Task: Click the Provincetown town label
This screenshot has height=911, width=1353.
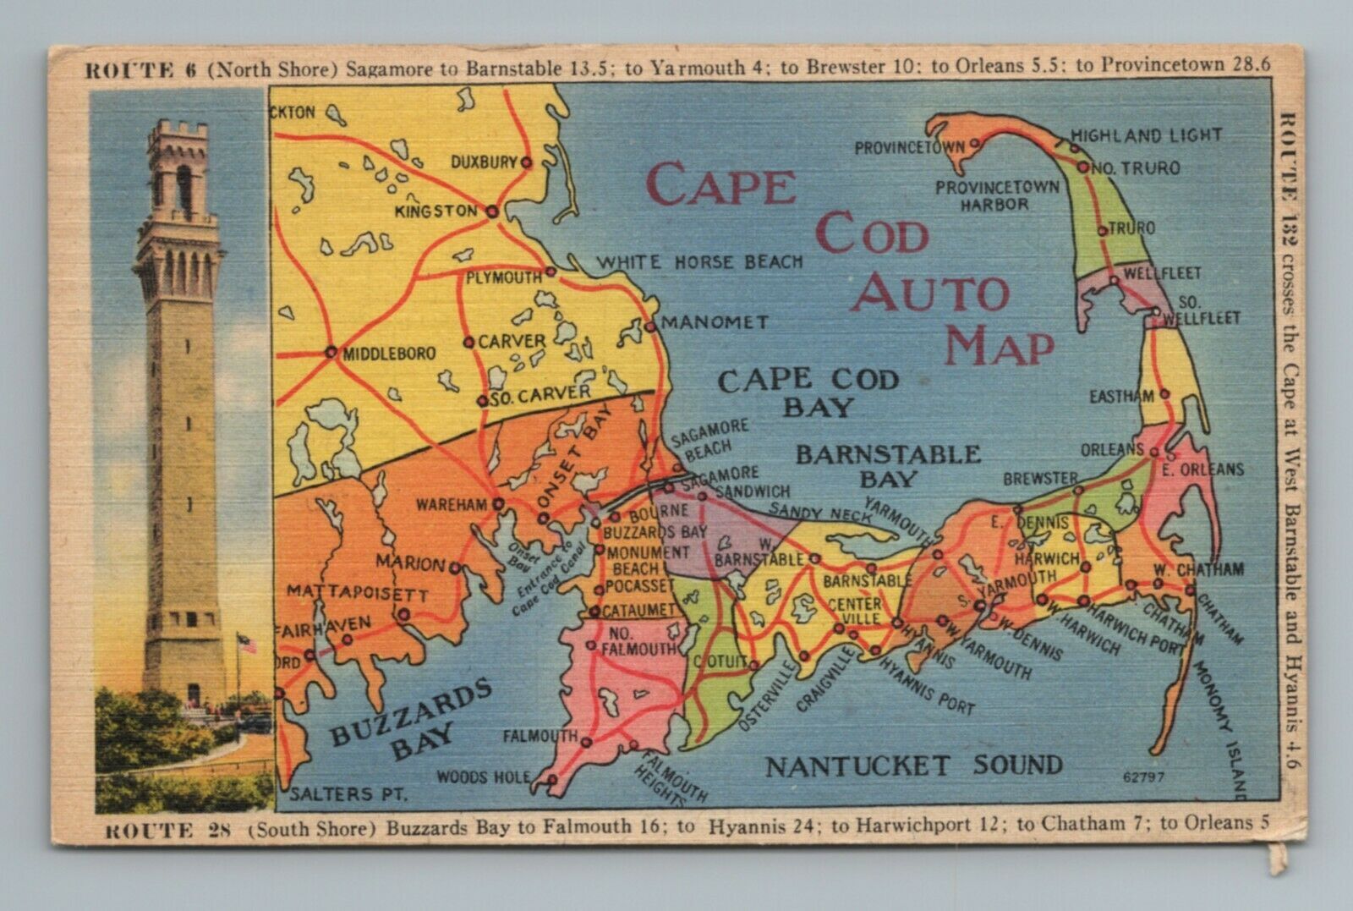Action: coord(909,147)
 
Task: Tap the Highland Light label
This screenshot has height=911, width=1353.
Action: coord(1146,134)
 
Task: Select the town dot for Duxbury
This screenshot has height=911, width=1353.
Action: coord(526,162)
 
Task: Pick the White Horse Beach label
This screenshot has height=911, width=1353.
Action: coord(700,262)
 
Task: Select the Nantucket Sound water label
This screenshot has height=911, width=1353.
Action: coord(913,766)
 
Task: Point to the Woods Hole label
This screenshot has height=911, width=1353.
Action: coord(484,777)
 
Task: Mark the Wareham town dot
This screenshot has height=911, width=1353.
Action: coord(499,504)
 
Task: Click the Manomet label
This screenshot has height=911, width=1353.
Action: coord(714,322)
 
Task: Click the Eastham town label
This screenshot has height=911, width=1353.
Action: coord(1121,395)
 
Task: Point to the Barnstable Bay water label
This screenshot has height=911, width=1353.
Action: coord(888,466)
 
